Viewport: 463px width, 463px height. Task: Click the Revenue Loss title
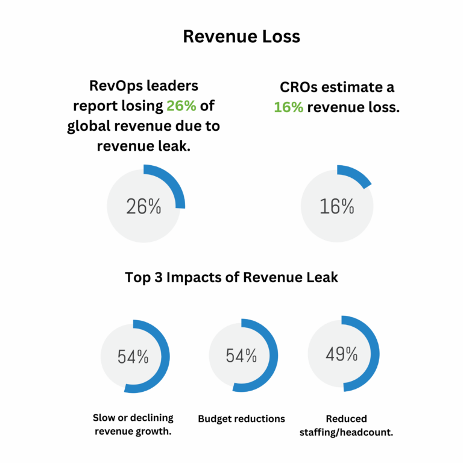coord(241,37)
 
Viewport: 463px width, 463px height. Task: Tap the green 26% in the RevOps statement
coord(181,106)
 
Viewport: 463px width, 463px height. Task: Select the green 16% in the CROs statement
coord(289,107)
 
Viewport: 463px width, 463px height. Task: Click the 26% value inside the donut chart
coord(143,207)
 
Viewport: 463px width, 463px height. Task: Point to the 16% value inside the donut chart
coord(337,207)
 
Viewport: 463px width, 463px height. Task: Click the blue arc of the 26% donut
coord(172,180)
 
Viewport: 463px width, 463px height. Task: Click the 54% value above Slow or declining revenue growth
coord(133,356)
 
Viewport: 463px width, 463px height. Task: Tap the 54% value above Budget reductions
coord(242,356)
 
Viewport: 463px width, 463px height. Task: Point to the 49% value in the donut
coord(342,354)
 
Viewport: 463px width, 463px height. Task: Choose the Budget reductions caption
coord(242,418)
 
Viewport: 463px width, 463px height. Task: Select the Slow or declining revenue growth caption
coord(133,424)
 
